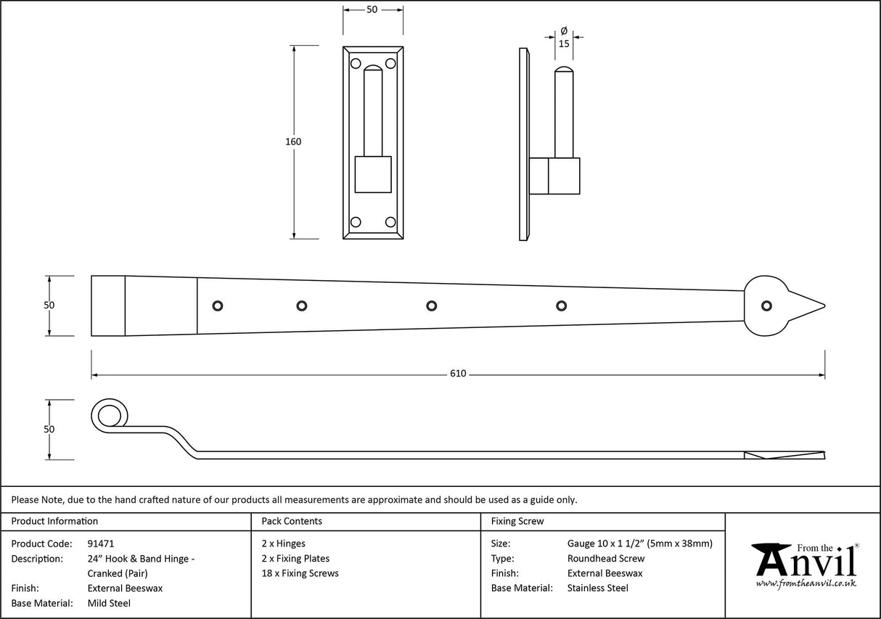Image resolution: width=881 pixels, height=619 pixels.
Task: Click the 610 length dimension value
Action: click(458, 374)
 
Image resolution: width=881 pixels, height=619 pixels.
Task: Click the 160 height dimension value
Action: click(292, 142)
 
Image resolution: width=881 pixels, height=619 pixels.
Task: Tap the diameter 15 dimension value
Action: click(564, 44)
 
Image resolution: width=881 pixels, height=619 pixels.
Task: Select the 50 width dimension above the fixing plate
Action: click(372, 9)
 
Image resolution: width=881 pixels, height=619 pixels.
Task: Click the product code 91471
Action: click(100, 544)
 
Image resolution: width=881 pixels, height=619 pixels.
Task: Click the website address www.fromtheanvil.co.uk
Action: click(806, 583)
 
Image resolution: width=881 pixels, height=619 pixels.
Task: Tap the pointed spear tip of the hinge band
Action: click(813, 306)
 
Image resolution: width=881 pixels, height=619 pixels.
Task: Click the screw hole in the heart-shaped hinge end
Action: click(765, 306)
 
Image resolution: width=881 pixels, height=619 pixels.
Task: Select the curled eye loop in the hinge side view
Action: click(109, 416)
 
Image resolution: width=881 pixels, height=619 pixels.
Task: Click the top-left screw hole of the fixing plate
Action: click(356, 64)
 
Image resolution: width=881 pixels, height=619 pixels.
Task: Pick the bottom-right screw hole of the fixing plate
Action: click(390, 222)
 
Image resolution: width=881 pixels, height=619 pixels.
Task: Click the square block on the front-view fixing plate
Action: click(372, 174)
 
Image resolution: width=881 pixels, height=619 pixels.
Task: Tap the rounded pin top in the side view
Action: click(564, 73)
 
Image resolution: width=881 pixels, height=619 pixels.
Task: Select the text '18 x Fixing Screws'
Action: click(300, 573)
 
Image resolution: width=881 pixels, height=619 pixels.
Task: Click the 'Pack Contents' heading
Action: click(292, 521)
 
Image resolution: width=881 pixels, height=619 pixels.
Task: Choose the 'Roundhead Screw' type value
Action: click(605, 559)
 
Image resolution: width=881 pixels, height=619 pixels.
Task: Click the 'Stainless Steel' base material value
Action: click(597, 589)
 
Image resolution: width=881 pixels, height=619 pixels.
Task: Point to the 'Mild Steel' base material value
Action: click(109, 603)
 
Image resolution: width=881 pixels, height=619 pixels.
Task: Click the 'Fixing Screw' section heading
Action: click(517, 521)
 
